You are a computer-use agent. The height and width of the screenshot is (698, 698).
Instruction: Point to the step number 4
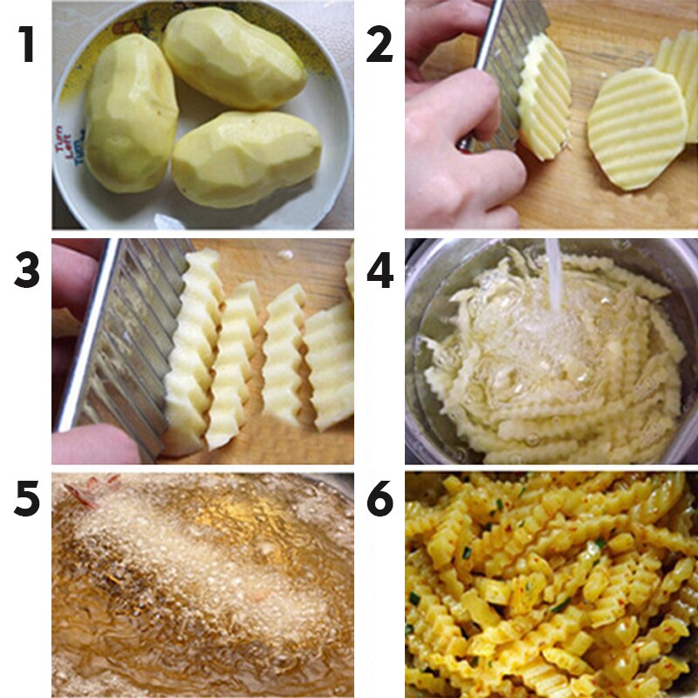click(380, 271)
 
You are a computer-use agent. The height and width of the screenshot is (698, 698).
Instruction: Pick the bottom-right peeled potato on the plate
click(246, 158)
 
